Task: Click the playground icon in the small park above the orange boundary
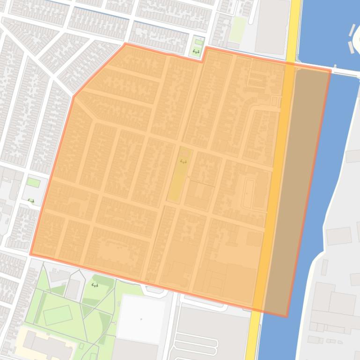coord(196,51)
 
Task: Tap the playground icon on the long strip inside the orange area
coord(183,162)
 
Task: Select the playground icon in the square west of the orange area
coord(31,201)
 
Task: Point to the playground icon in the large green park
coord(95,285)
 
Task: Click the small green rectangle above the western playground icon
coord(33,182)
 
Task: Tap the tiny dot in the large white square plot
coord(141,319)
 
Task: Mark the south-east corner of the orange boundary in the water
coord(287,316)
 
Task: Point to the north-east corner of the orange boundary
coord(331,71)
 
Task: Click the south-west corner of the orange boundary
coord(31,254)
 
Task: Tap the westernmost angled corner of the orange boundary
coord(74,97)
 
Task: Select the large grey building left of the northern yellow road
coord(272,26)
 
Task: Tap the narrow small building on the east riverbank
coord(324,267)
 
